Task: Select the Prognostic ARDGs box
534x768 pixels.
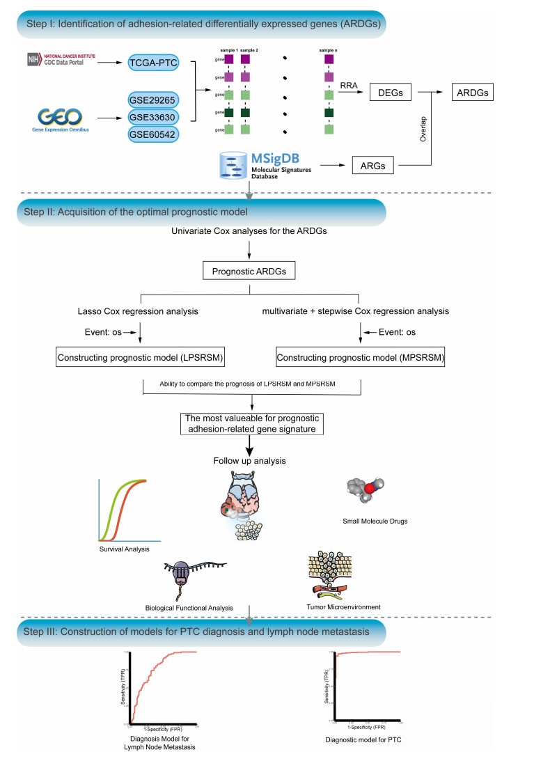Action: click(x=251, y=270)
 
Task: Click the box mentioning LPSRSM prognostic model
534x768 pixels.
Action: click(x=141, y=359)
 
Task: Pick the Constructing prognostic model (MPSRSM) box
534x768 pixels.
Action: click(x=359, y=359)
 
